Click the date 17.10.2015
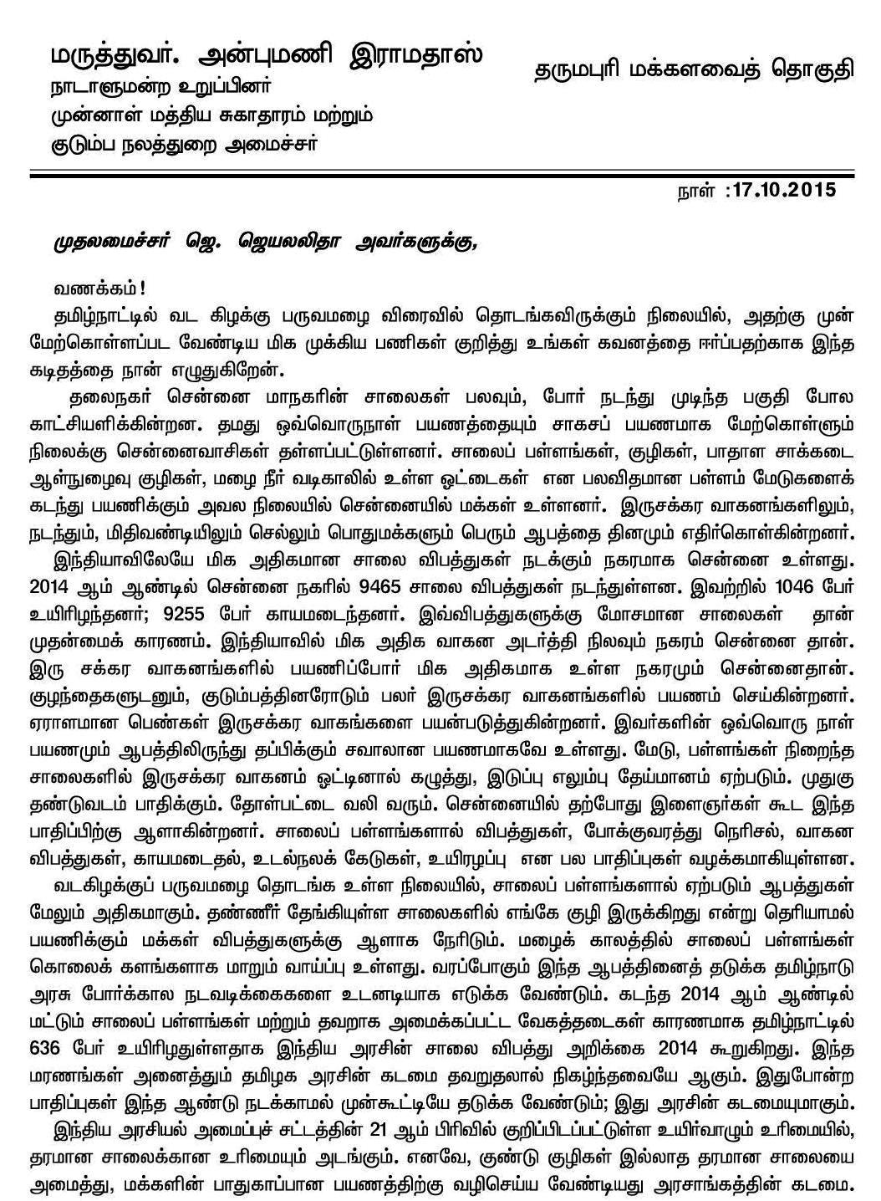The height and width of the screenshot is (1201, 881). (782, 190)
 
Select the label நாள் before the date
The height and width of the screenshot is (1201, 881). (694, 191)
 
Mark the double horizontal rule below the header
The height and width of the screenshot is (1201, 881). (440, 173)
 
